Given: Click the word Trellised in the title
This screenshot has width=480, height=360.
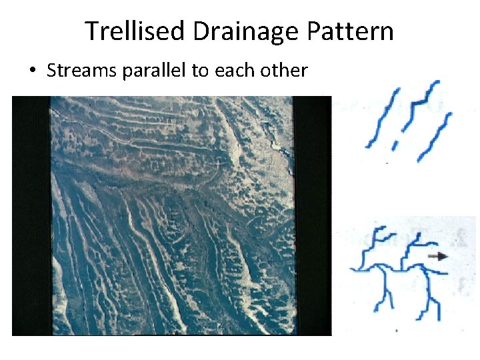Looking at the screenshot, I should [x=135, y=31].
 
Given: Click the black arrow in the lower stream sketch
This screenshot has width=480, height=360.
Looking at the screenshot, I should [x=437, y=256].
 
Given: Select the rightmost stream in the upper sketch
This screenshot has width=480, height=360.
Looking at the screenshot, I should [x=436, y=137].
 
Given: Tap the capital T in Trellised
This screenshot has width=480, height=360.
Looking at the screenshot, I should [x=91, y=31].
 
